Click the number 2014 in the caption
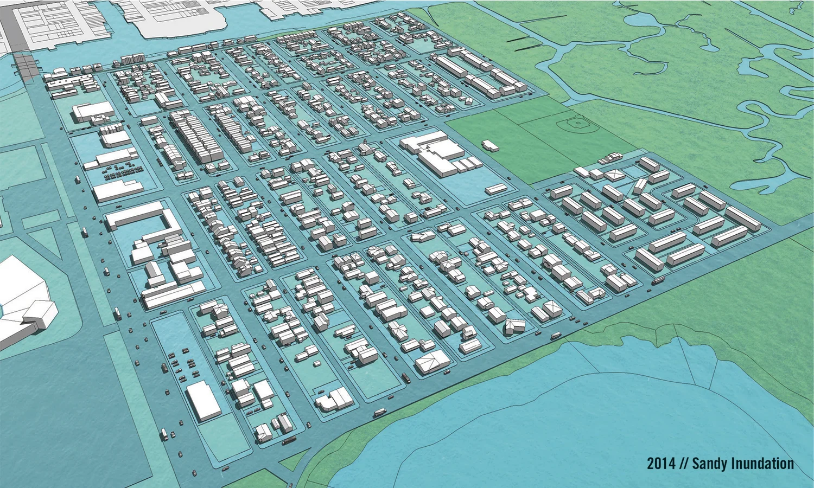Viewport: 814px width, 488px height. click(661, 464)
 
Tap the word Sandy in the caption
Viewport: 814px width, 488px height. click(710, 464)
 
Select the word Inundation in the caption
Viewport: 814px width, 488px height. click(762, 464)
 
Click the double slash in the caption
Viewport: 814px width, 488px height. click(683, 464)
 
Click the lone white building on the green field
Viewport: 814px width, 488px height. click(490, 145)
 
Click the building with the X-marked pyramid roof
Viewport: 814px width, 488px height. click(614, 175)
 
